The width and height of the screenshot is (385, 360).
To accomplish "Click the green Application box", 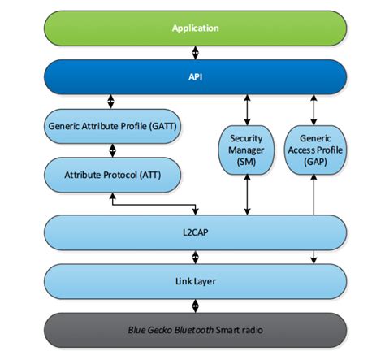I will pyautogui.click(x=195, y=28).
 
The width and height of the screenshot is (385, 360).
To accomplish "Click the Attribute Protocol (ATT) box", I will pyautogui.click(x=113, y=174).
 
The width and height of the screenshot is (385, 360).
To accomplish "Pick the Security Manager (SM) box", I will pyautogui.click(x=245, y=151).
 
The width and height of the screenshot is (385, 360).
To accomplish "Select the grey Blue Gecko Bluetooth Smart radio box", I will pyautogui.click(x=195, y=330).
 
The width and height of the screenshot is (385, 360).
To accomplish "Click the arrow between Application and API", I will pyautogui.click(x=195, y=54).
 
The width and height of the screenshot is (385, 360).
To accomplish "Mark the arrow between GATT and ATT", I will pyautogui.click(x=113, y=151).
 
